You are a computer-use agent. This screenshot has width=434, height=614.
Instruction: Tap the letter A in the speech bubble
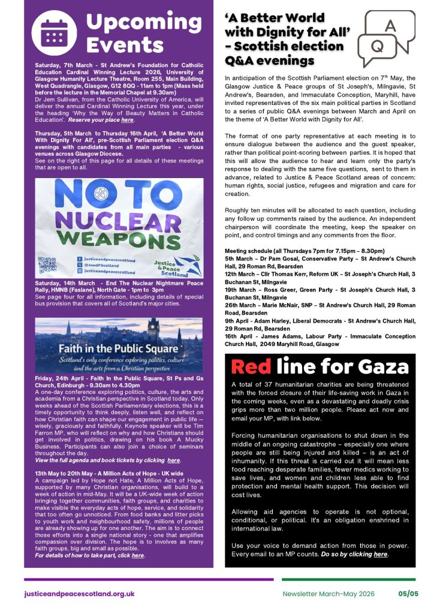click(x=390, y=27)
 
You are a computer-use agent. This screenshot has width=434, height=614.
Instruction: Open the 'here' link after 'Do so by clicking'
click(x=381, y=554)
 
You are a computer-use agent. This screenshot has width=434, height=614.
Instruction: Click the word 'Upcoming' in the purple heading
click(x=136, y=22)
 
